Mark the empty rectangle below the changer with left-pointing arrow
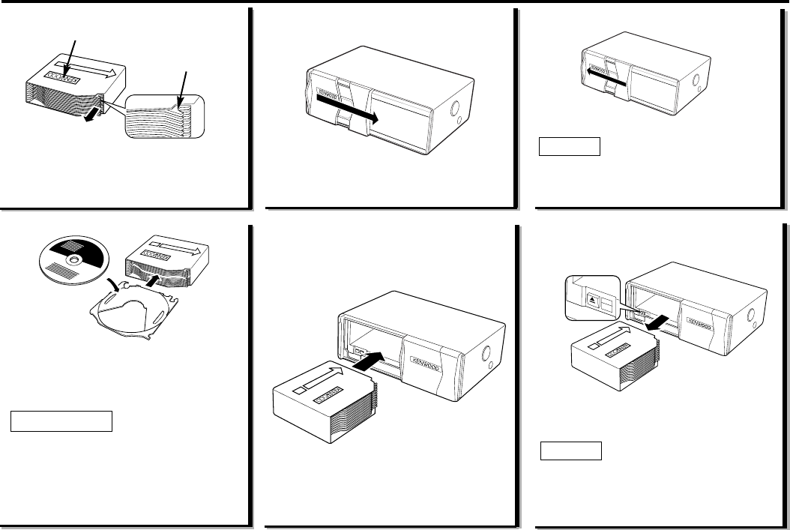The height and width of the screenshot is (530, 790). [x=570, y=145]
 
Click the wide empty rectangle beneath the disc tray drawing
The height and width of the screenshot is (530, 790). [x=61, y=421]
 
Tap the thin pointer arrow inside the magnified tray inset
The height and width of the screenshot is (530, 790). [x=182, y=90]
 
